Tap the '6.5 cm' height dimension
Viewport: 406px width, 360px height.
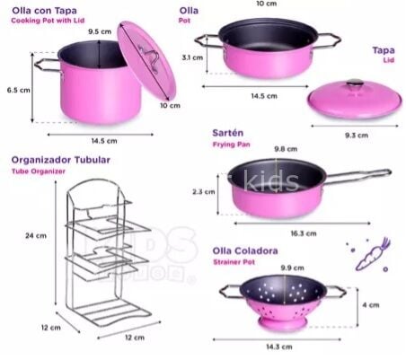(18, 89)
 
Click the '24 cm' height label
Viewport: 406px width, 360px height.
(36, 234)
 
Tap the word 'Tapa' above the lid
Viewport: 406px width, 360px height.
(384, 51)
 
